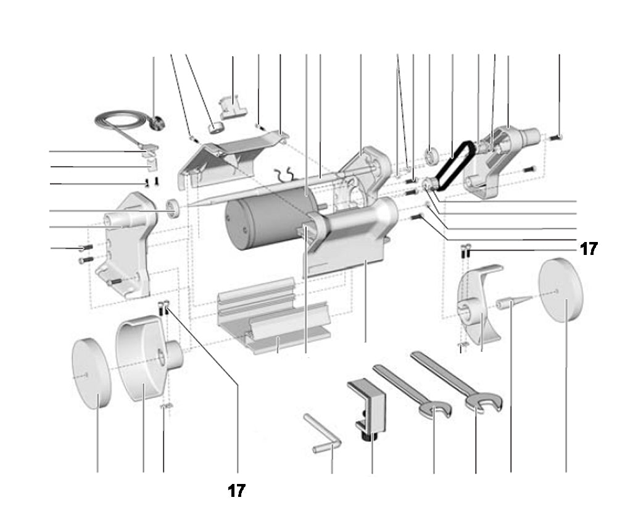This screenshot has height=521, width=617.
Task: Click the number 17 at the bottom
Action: point(236,491)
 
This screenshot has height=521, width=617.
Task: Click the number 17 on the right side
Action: point(589,249)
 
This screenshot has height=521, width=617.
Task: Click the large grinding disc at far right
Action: point(561,290)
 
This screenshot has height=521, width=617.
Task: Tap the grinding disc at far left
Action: point(91,373)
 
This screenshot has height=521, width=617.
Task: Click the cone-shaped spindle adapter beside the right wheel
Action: point(512,302)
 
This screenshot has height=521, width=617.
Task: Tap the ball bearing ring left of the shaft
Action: point(174,208)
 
